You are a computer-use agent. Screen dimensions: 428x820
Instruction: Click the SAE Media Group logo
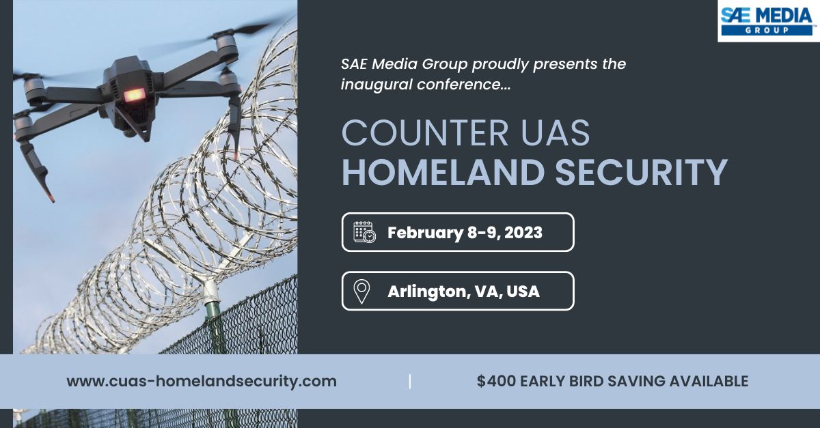(767, 20)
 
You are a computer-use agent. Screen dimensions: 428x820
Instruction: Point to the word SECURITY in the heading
(641, 173)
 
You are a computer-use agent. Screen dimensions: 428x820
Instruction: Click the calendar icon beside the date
(364, 232)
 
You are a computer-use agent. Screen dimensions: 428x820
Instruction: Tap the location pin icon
(361, 291)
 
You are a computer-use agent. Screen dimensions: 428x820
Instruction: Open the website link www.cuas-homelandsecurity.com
(202, 382)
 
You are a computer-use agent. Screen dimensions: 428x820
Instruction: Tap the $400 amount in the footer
(495, 382)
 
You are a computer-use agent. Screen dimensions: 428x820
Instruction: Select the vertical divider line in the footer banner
(410, 382)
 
